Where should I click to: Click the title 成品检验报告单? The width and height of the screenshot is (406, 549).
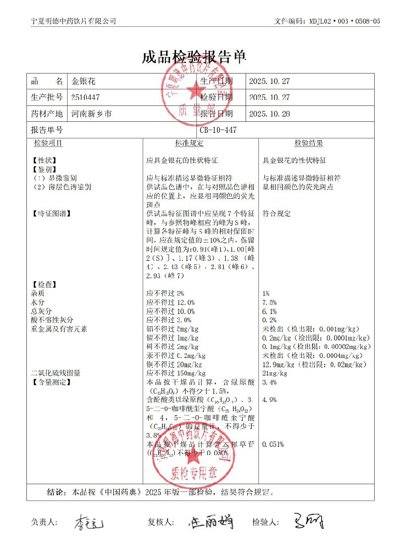pos(194,58)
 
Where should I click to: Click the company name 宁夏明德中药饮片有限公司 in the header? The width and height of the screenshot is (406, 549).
pos(74,21)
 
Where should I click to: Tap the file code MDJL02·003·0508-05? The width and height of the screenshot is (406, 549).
pos(341,21)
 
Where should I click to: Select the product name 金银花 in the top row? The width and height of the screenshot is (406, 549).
pos(84,81)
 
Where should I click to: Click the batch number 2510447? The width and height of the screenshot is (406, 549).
pos(86,98)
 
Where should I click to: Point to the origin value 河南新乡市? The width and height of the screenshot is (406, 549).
pos(91,114)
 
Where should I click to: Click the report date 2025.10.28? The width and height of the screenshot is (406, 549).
pos(269,114)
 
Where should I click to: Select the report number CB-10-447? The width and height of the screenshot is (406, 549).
pos(219,130)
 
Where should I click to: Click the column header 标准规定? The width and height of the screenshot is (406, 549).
pos(190,143)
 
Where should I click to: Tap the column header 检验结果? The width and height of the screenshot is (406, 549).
pos(308,143)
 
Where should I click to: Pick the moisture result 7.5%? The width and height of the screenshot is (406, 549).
pos(270,302)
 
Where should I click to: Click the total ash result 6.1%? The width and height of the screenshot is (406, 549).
pos(270,311)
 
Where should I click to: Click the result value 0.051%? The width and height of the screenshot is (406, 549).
pos(274,444)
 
